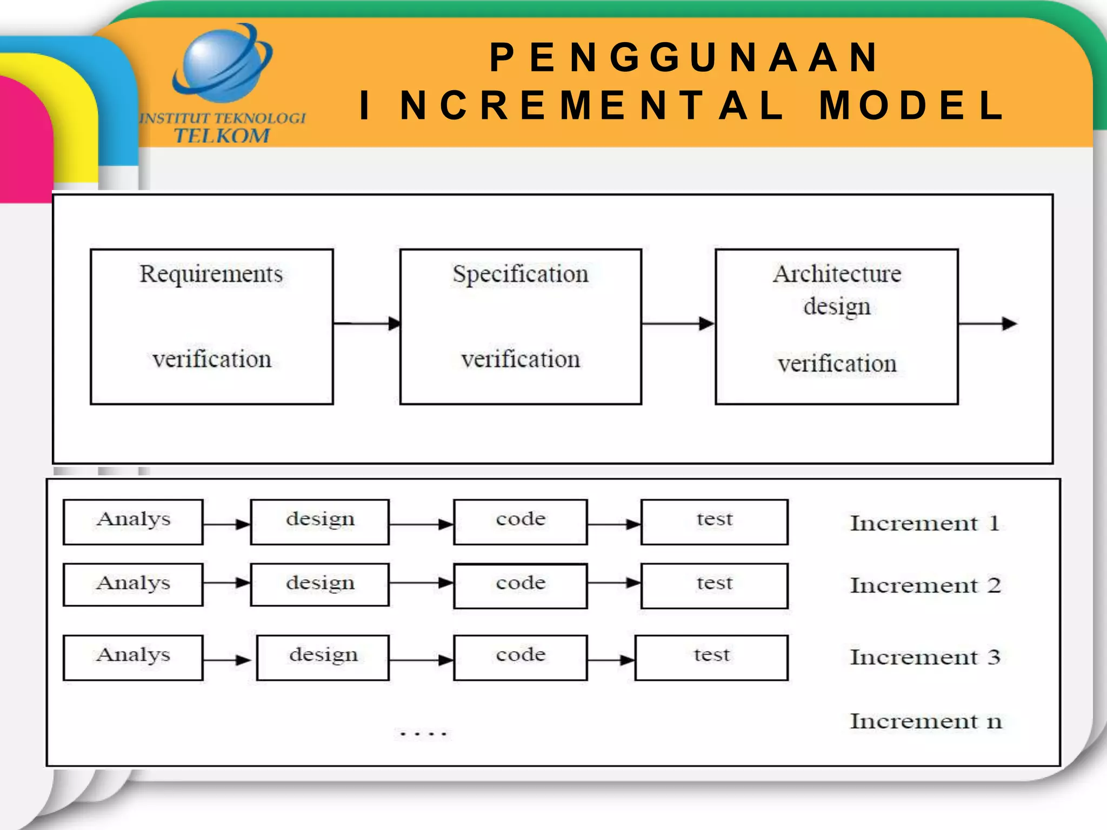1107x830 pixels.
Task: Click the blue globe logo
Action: coord(222,63)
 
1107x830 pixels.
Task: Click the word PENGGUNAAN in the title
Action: coord(684,57)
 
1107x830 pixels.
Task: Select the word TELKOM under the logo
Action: coord(222,136)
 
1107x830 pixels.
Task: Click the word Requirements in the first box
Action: coord(211,274)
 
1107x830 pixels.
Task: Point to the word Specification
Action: coord(520,274)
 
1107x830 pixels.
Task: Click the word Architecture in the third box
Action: coord(837,274)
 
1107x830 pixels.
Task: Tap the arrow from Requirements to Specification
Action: coord(366,323)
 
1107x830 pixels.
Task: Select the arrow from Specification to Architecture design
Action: coord(678,324)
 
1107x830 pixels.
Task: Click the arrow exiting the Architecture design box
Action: coord(987,324)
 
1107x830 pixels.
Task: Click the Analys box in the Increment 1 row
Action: coord(133,521)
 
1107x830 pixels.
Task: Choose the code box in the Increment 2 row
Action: coord(521,586)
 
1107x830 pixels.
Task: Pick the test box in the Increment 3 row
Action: coord(711,657)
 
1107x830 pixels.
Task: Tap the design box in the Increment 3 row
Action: coord(323,657)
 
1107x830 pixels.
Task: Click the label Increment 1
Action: coord(925,523)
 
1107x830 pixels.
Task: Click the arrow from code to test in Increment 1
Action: coord(614,524)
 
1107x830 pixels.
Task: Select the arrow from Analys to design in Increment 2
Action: coord(226,583)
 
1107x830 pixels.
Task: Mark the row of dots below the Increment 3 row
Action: coord(423,733)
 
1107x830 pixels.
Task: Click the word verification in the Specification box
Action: coord(520,359)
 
